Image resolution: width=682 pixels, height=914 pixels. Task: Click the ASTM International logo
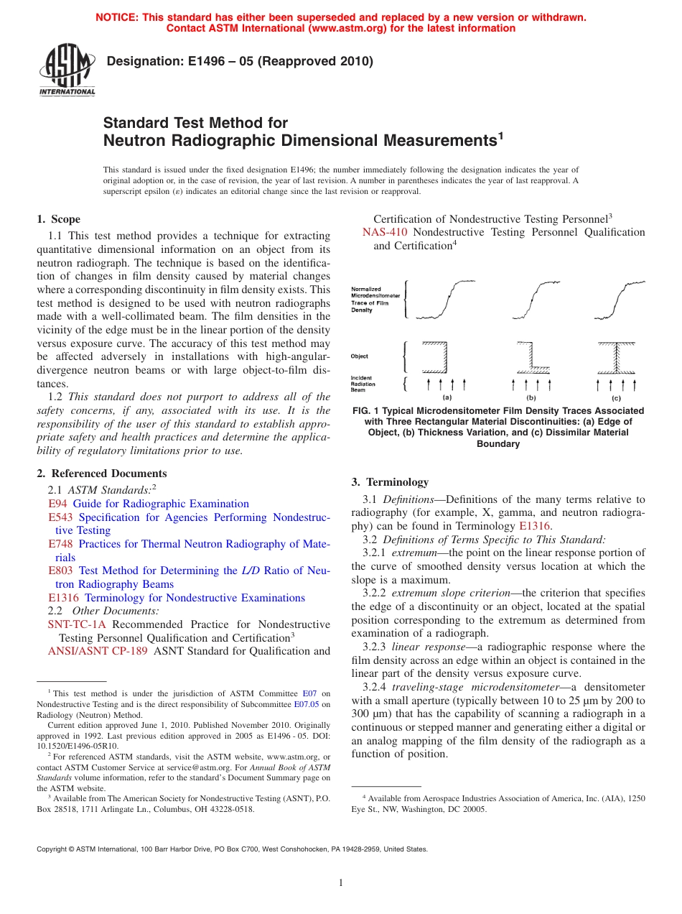[x=67, y=70]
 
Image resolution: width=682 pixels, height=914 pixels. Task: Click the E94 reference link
[x=57, y=504]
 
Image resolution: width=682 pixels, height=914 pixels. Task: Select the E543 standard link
[x=60, y=517]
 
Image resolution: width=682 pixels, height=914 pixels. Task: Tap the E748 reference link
[x=60, y=544]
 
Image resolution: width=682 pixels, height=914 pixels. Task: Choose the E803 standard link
[x=60, y=571]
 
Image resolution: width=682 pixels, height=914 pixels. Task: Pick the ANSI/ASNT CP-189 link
[x=98, y=651]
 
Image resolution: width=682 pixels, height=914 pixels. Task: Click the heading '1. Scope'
[x=58, y=219]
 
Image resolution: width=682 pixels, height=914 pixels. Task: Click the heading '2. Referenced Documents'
[x=102, y=474]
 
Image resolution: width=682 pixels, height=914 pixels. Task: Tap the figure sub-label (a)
[x=447, y=397]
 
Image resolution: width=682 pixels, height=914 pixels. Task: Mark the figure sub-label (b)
[x=531, y=397]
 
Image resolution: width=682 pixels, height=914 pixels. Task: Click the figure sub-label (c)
[x=615, y=397]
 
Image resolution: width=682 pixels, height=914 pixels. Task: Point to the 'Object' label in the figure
[x=360, y=356]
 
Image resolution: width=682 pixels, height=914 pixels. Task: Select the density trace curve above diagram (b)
[x=531, y=298]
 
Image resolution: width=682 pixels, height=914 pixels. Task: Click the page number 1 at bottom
[x=341, y=883]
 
